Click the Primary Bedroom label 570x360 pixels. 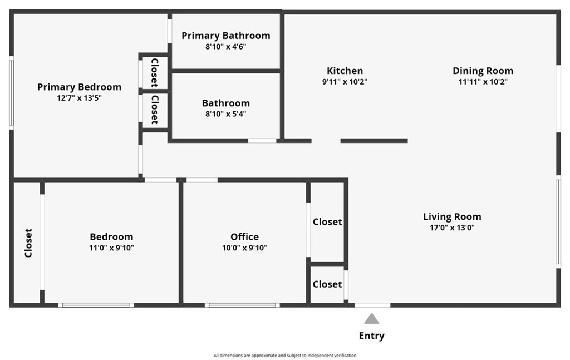[x=79, y=87]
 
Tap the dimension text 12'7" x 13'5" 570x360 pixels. [x=79, y=98]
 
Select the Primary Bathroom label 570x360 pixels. [x=225, y=36]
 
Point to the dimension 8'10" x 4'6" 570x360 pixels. [x=225, y=47]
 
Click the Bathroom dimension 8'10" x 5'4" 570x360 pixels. [x=225, y=114]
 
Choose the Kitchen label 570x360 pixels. [x=345, y=71]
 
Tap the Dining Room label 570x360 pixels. [x=483, y=71]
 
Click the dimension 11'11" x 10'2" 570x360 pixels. [x=483, y=82]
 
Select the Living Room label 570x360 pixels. [x=452, y=216]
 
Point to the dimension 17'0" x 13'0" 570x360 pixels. [x=452, y=228]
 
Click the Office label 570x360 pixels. [x=244, y=236]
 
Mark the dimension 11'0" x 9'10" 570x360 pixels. [x=111, y=248]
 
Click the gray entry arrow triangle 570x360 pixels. [x=371, y=319]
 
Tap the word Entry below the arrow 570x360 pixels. [x=371, y=336]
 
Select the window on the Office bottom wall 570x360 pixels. [x=242, y=305]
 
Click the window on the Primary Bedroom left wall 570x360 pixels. [x=11, y=92]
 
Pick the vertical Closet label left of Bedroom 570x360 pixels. [x=28, y=243]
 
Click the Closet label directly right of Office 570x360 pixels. [x=327, y=221]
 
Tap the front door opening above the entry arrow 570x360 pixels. [x=372, y=305]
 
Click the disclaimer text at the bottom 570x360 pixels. [x=284, y=355]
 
